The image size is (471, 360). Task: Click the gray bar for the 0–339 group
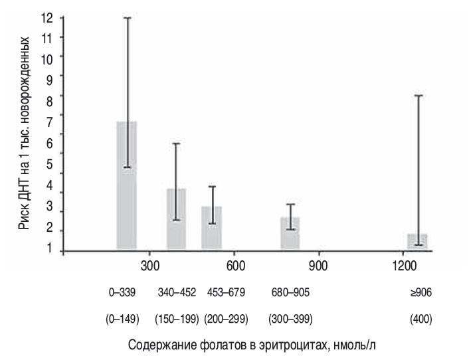pyautogui.click(x=126, y=186)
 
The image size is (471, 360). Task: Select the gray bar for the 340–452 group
pyautogui.click(x=176, y=219)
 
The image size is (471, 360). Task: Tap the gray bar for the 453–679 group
pyautogui.click(x=211, y=228)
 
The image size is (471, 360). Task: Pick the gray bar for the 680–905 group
pyautogui.click(x=290, y=234)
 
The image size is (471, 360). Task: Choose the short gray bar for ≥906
pyautogui.click(x=417, y=242)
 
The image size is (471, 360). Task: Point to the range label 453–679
pyautogui.click(x=225, y=292)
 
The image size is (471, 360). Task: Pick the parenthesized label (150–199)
pyautogui.click(x=176, y=319)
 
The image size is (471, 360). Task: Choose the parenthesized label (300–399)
pyautogui.click(x=290, y=319)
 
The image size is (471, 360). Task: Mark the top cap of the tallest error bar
pyautogui.click(x=126, y=18)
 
